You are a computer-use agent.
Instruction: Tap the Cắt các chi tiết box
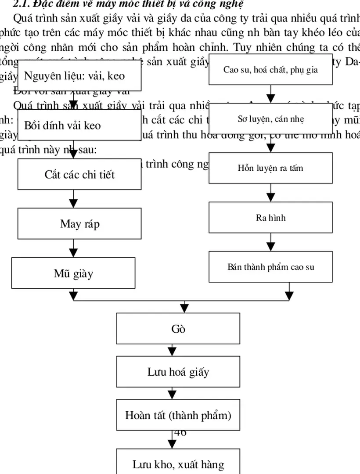[79, 174]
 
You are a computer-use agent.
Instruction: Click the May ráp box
[79, 224]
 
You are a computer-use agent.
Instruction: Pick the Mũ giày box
[73, 273]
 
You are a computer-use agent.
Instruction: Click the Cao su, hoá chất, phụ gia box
[270, 69]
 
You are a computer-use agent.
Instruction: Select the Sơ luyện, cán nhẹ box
[270, 118]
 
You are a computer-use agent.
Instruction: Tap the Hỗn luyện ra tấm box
[270, 168]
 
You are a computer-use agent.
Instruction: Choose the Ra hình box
[270, 217]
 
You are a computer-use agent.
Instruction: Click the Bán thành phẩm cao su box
[270, 267]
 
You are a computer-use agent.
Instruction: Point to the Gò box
[178, 328]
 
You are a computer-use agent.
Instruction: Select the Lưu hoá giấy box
[178, 372]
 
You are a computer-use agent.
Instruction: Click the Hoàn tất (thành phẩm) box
[178, 415]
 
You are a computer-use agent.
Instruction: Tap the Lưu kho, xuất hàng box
[178, 464]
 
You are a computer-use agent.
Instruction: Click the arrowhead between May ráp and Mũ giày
[74, 253]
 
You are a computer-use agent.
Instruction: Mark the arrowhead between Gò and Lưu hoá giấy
[173, 352]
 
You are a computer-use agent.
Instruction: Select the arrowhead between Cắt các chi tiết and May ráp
[74, 204]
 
